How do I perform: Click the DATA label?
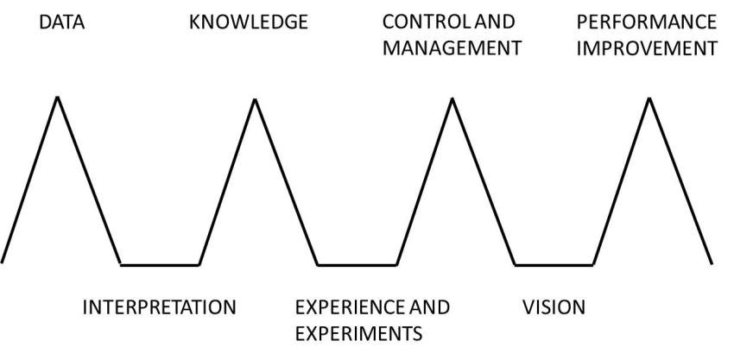tap(62, 22)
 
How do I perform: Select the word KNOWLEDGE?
tap(248, 22)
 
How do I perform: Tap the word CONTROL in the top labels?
tap(419, 22)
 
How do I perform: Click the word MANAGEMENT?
tap(452, 47)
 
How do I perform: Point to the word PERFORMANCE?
tap(647, 22)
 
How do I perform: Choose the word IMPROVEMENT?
tap(647, 47)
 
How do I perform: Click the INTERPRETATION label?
tap(159, 307)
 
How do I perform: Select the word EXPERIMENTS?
tap(358, 332)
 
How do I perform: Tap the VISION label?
tap(554, 307)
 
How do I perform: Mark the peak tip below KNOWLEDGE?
tap(255, 99)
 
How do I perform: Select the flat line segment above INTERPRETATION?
tap(160, 264)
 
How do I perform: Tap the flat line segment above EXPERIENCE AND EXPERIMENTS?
tap(357, 264)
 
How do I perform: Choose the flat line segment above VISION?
tap(554, 264)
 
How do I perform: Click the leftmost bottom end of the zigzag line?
tap(4, 261)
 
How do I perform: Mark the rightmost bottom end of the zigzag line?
tap(712, 263)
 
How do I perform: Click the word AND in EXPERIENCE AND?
tap(429, 307)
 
